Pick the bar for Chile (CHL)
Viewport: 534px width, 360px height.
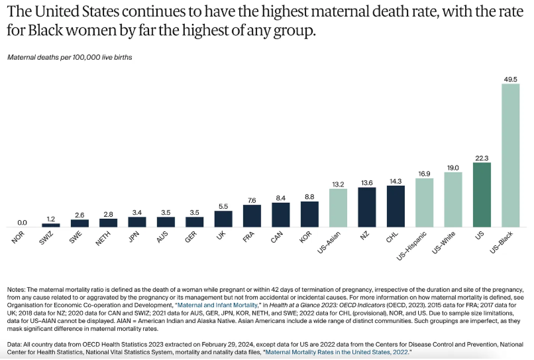click(396, 206)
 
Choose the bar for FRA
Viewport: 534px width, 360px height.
click(252, 216)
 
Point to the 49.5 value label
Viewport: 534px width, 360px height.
click(510, 78)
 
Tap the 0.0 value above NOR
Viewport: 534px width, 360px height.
click(23, 222)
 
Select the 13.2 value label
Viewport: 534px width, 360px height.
click(338, 183)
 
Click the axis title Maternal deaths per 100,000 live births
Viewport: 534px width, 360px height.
click(70, 58)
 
